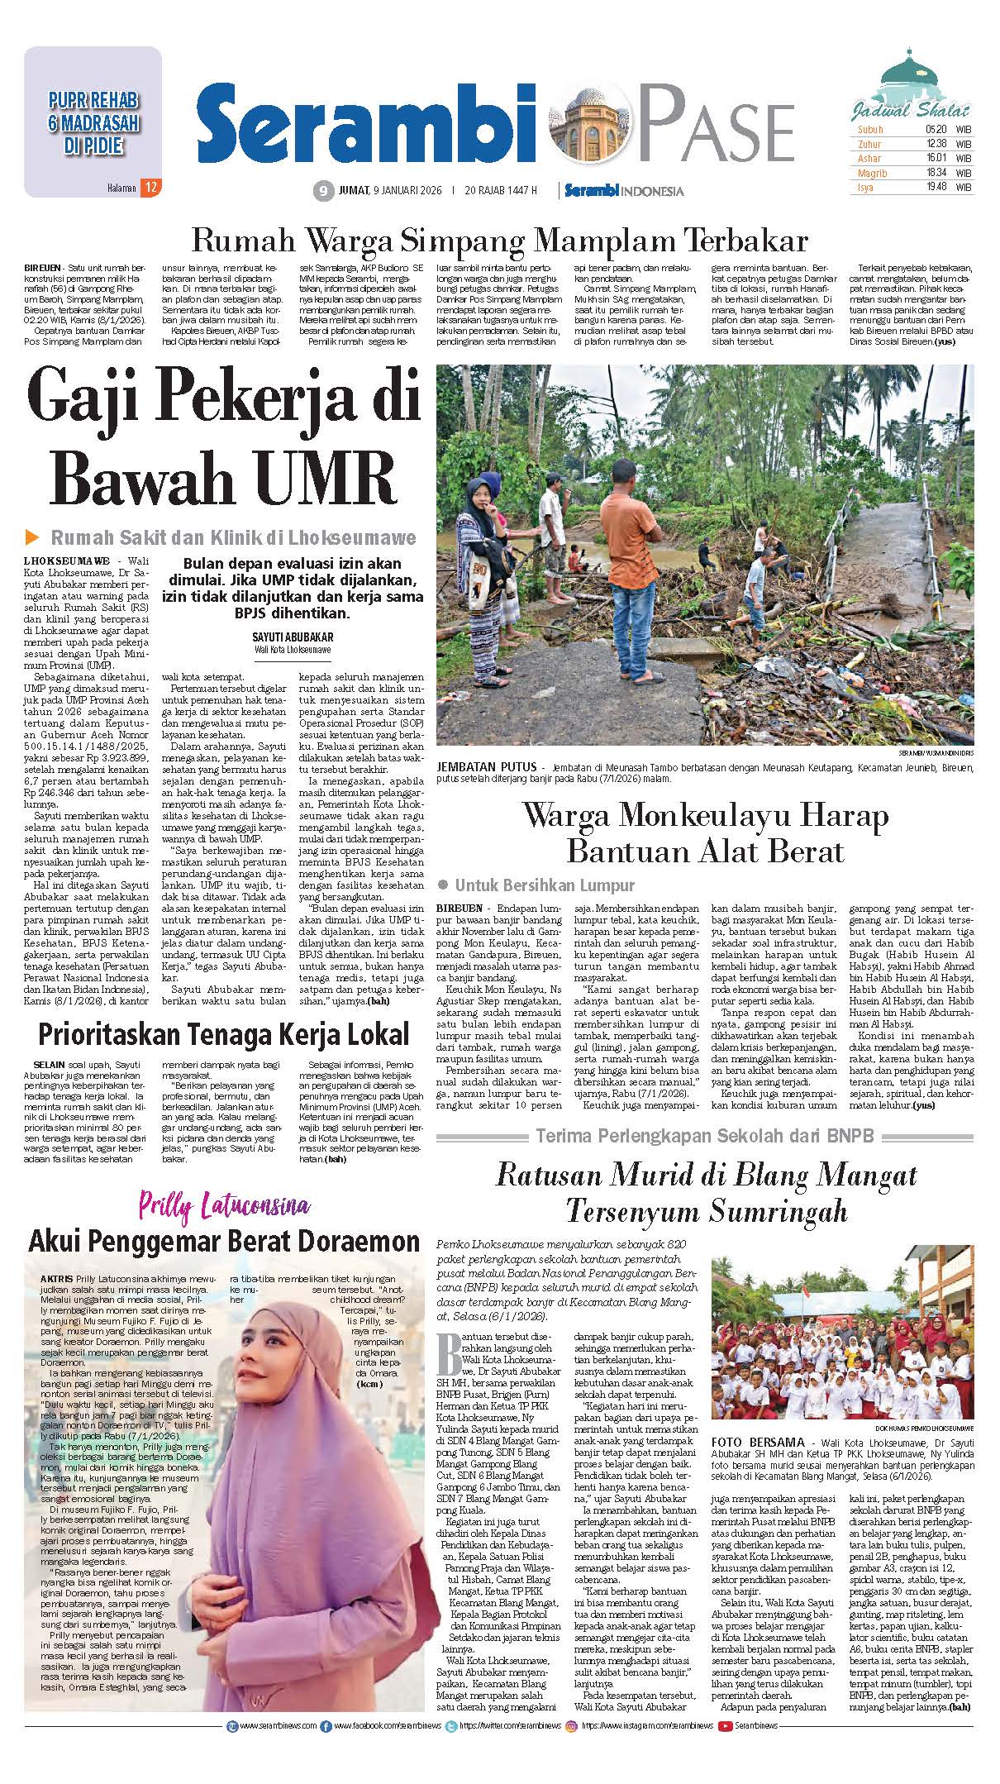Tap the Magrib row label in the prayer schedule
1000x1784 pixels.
coord(872,174)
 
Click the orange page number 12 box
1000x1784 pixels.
coord(150,188)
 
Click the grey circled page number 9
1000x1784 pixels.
coord(322,191)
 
